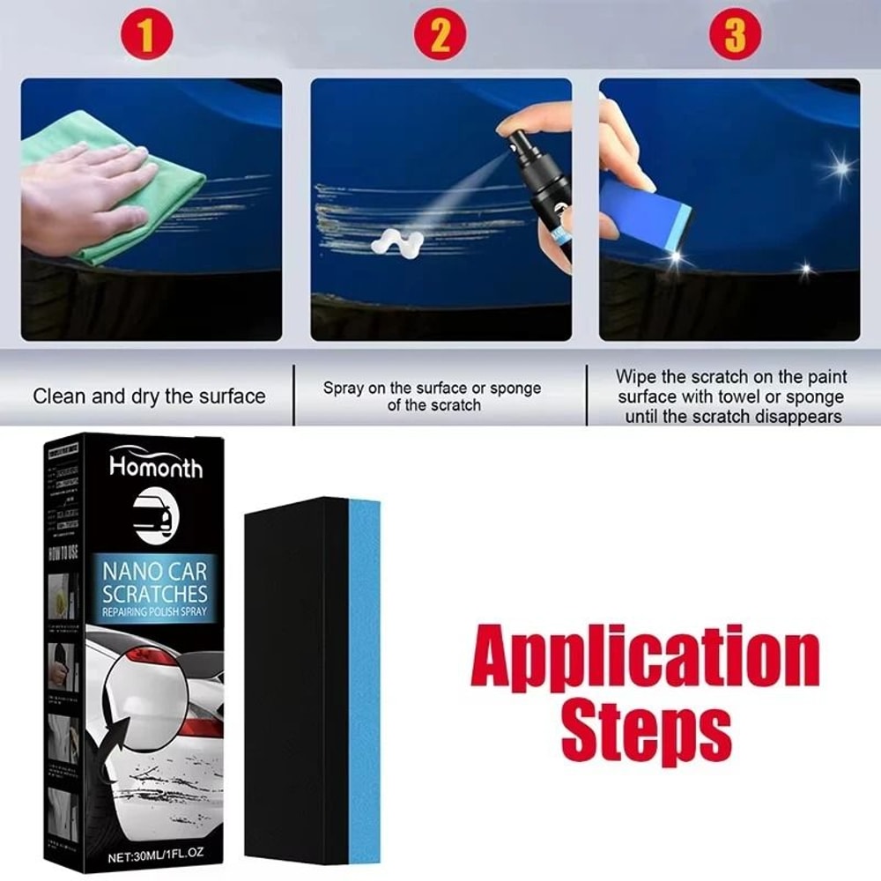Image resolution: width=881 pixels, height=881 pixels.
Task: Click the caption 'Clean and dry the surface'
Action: click(149, 396)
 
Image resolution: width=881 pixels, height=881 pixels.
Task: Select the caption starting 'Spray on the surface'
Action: click(432, 396)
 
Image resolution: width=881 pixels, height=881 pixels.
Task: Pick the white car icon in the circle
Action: click(155, 512)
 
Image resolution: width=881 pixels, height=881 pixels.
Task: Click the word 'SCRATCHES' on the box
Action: click(155, 593)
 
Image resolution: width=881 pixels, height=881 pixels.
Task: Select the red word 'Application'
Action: click(645, 659)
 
